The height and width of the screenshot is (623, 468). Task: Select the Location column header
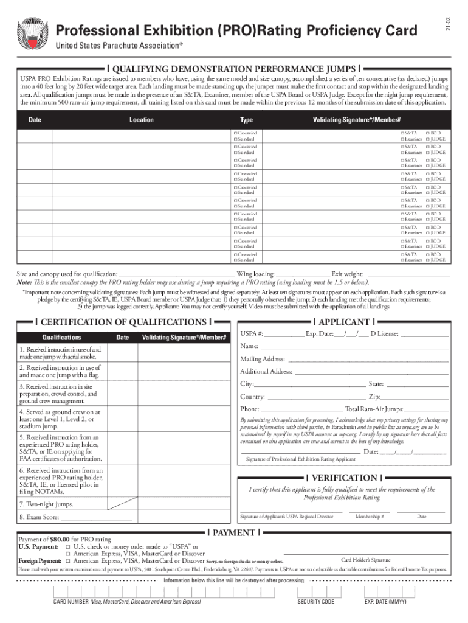(x=141, y=120)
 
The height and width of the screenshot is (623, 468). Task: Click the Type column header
(x=246, y=120)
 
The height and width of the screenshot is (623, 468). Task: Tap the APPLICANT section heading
(x=344, y=322)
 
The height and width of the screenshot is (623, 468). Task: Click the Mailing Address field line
(x=367, y=359)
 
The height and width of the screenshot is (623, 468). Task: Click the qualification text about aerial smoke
(x=60, y=353)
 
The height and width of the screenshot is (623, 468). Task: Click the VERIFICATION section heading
(x=344, y=478)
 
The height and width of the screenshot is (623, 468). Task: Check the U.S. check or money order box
(x=69, y=547)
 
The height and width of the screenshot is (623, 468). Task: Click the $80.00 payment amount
(x=59, y=540)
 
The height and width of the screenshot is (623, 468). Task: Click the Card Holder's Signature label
(x=365, y=560)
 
